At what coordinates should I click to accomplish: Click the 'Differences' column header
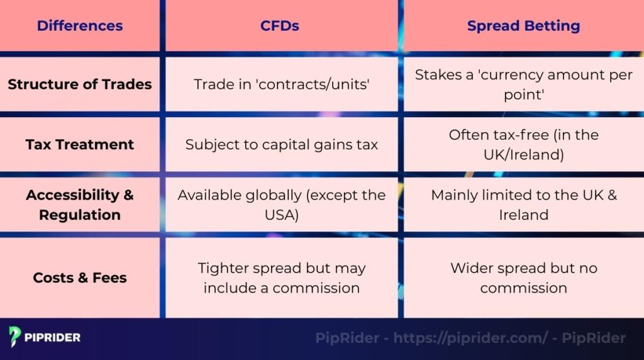click(x=80, y=26)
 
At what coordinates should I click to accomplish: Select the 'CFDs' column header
click(x=280, y=26)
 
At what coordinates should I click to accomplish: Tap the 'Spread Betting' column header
click(x=523, y=26)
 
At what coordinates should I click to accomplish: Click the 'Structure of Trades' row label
click(x=80, y=84)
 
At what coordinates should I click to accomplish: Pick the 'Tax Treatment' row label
click(x=80, y=144)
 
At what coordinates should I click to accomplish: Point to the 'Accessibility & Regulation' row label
click(x=80, y=205)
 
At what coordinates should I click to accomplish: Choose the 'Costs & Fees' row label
click(x=80, y=278)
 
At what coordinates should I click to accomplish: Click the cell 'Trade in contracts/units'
click(x=280, y=84)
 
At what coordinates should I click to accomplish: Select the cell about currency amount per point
click(x=523, y=84)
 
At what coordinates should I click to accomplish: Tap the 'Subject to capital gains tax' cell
click(x=281, y=144)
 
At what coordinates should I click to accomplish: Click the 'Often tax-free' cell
click(x=523, y=144)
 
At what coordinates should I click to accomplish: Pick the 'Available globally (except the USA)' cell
click(x=281, y=205)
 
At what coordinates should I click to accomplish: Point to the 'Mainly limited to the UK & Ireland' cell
click(x=523, y=205)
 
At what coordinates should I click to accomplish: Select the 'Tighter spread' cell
click(x=281, y=278)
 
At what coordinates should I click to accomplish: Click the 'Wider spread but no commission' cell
click(x=523, y=278)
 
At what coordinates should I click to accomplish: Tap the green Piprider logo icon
click(x=15, y=337)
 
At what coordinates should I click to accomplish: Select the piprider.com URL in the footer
click(x=470, y=338)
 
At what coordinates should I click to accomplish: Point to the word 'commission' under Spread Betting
click(x=523, y=288)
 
